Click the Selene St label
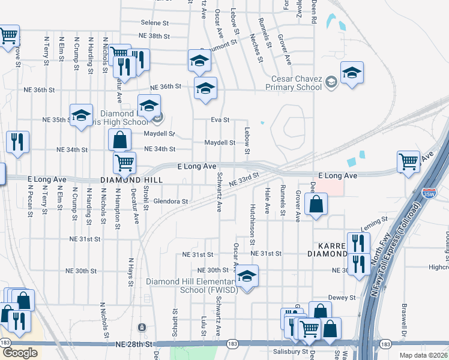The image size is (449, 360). point(155,23)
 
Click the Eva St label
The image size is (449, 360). point(220,120)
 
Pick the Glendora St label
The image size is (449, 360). point(171,202)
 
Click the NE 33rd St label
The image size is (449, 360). point(243,178)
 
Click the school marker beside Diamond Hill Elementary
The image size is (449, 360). point(246,277)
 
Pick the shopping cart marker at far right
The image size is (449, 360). point(408,160)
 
